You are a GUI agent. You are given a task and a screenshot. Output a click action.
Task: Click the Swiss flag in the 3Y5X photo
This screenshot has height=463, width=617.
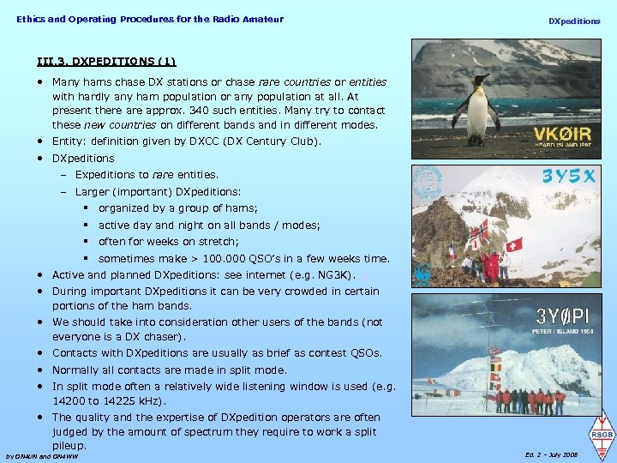pos(514,244)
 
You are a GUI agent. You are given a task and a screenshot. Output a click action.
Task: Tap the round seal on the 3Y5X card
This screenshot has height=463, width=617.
pos(428,184)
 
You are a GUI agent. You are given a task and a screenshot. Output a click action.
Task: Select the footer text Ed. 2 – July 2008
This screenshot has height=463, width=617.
pos(554,454)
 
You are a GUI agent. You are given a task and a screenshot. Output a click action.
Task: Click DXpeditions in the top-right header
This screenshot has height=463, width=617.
pos(574,21)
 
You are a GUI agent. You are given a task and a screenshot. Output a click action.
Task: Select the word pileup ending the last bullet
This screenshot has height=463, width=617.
pos(69,446)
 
